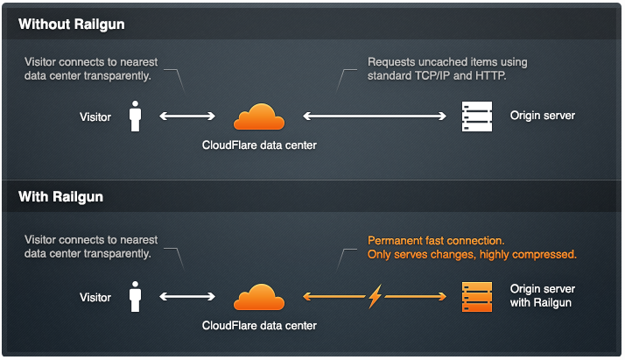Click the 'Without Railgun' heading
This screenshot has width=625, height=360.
pos(72,25)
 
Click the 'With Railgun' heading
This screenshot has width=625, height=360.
pos(60,197)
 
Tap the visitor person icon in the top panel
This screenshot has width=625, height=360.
pos(135,116)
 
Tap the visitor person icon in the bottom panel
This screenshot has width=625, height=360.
pos(135,297)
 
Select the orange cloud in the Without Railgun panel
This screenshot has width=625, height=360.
pos(259,116)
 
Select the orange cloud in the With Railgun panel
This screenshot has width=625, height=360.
pos(259,298)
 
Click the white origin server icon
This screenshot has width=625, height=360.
pos(477,116)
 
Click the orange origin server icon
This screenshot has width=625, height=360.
pos(477,297)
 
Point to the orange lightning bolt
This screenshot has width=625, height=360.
pos(375,296)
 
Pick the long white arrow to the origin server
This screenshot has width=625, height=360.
pos(375,116)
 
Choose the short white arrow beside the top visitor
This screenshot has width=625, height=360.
pos(187,116)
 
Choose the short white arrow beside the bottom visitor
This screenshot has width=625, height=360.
pos(187,297)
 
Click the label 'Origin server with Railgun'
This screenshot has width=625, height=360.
pos(542,296)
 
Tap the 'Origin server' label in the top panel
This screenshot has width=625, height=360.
pos(543,116)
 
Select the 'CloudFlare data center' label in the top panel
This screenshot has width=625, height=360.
pos(259,145)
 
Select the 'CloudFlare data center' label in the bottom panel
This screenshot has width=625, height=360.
pos(259,326)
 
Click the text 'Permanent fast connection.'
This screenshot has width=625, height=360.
pos(436,241)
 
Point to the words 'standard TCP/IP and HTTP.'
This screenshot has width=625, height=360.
pos(437,75)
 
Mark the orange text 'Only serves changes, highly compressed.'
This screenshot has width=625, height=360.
pos(472,255)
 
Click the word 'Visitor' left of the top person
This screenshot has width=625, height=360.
pos(95,117)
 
